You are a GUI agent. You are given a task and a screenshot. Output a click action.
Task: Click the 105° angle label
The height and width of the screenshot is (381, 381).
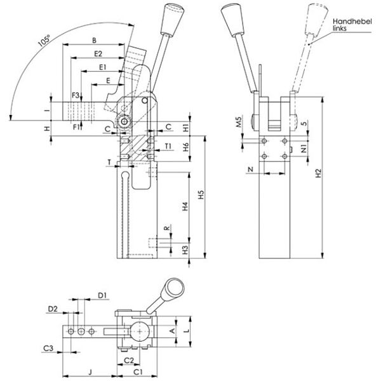point(44,41)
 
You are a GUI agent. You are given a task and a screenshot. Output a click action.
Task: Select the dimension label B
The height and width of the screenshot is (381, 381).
point(94,40)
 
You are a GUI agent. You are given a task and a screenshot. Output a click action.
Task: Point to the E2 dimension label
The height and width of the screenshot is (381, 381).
point(98,54)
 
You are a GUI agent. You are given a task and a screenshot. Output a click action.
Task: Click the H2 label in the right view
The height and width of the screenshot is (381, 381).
point(318,173)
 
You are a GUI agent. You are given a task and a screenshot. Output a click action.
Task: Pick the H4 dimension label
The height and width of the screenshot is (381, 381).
point(185,206)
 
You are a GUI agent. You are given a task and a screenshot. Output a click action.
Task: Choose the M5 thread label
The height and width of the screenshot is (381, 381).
point(239,122)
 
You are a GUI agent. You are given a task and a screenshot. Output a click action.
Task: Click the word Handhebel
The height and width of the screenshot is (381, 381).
point(352,22)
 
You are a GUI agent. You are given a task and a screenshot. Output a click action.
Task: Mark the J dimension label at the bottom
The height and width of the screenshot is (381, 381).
point(90,371)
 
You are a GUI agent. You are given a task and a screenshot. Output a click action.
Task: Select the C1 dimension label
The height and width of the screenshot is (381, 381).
point(138,371)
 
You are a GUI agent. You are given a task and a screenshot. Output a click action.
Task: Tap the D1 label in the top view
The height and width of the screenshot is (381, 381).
point(102,295)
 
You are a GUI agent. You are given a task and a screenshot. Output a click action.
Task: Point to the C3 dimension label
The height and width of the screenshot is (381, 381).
point(48,348)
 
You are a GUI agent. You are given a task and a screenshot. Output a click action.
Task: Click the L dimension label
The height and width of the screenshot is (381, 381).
point(186,331)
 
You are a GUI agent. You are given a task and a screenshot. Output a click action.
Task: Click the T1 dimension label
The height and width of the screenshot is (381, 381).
point(168,146)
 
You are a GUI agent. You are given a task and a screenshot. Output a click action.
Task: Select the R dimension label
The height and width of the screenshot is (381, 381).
point(166,228)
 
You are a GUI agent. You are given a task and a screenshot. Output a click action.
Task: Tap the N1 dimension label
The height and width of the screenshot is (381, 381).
point(304,148)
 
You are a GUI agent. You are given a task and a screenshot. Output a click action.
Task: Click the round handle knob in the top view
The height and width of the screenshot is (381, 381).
point(175,288)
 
